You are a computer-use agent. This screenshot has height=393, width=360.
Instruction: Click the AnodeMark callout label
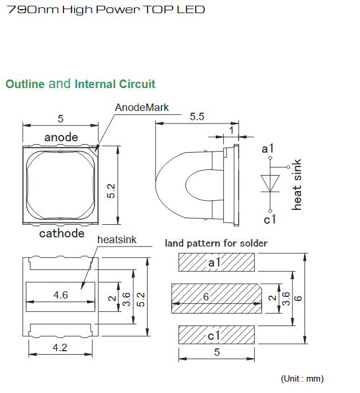point(141,108)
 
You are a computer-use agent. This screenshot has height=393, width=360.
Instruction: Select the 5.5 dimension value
point(197,117)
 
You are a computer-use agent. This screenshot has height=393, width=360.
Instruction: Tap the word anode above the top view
point(61,137)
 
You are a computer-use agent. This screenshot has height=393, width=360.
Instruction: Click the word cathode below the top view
point(62,233)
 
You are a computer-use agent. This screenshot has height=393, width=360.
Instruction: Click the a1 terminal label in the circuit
point(267,149)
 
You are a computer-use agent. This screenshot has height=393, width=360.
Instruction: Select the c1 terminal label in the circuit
point(270,219)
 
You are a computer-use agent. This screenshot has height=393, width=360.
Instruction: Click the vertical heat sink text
point(296,184)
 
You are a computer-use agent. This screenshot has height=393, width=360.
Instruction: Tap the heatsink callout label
point(117,240)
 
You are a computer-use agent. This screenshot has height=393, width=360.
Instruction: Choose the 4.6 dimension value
point(61,295)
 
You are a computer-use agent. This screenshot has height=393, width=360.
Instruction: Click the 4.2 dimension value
point(60,348)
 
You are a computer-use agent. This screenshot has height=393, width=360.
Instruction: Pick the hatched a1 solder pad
point(216,263)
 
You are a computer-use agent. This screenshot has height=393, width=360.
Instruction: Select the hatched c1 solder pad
point(216,335)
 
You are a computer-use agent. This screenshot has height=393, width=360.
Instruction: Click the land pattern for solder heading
point(216,243)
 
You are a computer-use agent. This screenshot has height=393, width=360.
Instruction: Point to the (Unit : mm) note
point(302,379)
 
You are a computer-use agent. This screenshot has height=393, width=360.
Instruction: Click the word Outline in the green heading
point(25,84)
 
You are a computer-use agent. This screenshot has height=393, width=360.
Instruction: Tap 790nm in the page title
point(33,10)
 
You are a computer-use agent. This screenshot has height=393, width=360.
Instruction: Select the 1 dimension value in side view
point(231,130)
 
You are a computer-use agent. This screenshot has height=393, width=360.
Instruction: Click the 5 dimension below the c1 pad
point(217,352)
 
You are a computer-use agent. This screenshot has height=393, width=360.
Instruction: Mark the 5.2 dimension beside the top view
point(111,191)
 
